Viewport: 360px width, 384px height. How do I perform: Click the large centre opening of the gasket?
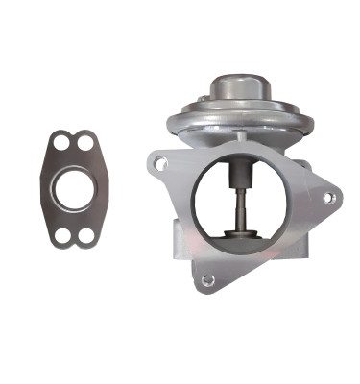[x=73, y=189]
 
